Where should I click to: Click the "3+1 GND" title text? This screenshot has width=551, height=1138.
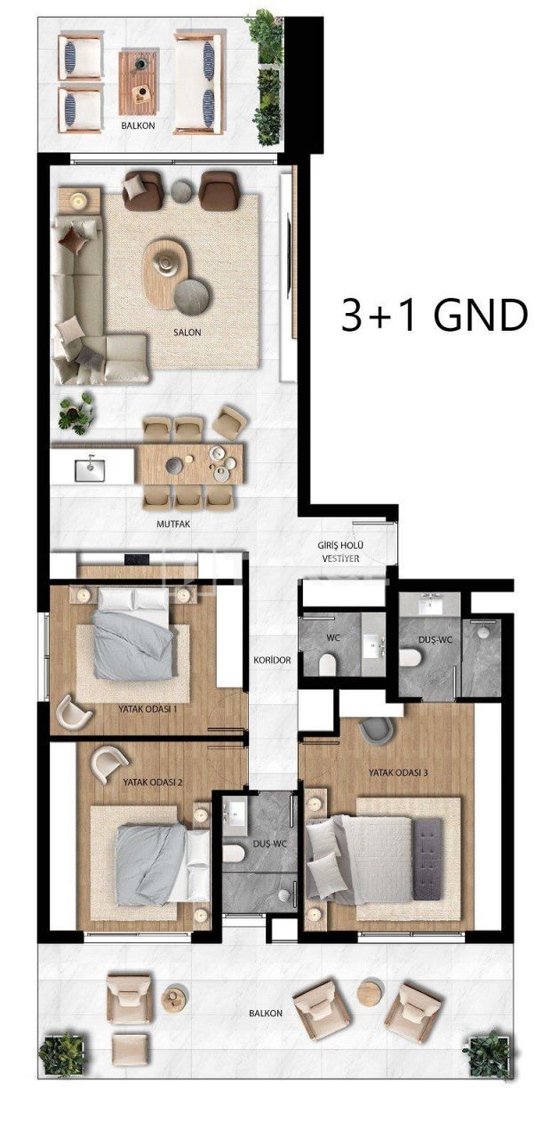coord(434,315)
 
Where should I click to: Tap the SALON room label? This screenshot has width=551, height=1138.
coord(188,333)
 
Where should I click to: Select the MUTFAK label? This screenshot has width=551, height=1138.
coord(173,525)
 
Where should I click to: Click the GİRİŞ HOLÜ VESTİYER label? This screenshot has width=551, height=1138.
coord(341,551)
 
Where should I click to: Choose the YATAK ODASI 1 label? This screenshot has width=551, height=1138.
coord(148,709)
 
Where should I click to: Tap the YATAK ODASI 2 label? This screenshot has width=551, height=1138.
coord(152,781)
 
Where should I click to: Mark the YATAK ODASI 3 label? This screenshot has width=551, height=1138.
coord(398,773)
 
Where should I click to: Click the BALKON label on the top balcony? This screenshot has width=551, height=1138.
coord(138,126)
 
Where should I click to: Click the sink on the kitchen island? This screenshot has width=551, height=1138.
coord(90,465)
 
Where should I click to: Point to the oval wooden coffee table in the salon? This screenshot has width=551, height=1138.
coord(166,271)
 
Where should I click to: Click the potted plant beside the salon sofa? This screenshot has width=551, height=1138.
coord(76,411)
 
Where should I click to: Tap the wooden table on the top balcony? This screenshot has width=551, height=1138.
coord(139,76)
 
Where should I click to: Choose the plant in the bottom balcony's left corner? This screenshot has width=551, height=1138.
coord(61,1054)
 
